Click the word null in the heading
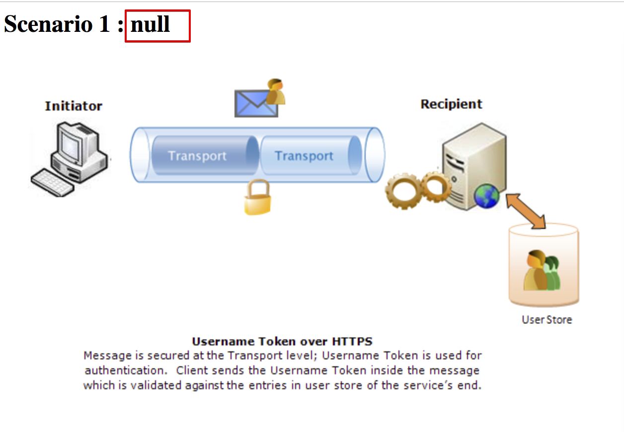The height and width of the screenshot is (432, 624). (151, 24)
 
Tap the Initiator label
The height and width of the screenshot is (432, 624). (74, 106)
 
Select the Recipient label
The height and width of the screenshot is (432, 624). (451, 104)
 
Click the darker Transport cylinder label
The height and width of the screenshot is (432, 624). (197, 156)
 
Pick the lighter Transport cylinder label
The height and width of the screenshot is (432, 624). (304, 156)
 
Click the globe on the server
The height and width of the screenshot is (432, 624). (486, 195)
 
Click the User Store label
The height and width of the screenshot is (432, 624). (546, 320)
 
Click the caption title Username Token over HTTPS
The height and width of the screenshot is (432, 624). (282, 341)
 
